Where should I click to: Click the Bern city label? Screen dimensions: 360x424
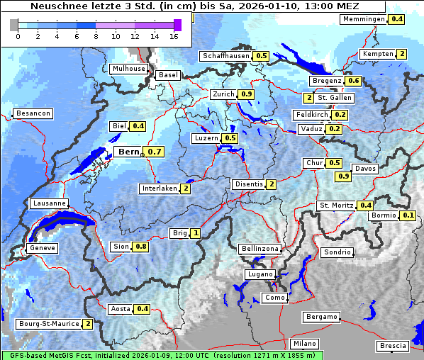point(128,152)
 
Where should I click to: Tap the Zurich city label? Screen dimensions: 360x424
point(223,94)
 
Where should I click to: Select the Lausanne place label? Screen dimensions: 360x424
point(50,203)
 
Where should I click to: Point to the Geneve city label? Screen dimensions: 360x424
point(42,248)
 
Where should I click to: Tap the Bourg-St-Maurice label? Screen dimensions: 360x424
point(48,324)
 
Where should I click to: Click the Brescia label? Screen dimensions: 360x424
point(393,346)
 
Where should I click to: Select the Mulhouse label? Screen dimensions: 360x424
point(128,69)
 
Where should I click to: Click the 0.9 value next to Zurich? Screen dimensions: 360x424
point(246,94)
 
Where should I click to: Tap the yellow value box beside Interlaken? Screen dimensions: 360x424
point(185,189)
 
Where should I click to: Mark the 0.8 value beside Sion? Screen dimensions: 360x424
point(141,247)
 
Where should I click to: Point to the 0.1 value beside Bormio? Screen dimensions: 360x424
point(408,215)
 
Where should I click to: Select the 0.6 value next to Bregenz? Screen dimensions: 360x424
point(353,81)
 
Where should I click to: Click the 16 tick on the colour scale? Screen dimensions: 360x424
point(175,35)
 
